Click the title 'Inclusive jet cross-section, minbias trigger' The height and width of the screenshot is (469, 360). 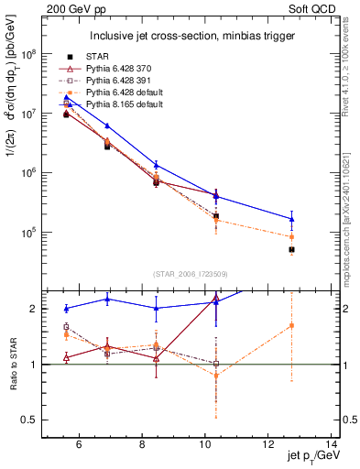click(x=190, y=37)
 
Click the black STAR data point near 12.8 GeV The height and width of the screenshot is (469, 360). click(x=291, y=249)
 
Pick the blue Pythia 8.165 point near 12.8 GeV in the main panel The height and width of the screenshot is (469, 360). click(x=291, y=219)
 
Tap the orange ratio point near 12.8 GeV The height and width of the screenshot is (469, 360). click(x=291, y=325)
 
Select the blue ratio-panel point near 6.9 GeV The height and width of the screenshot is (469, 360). click(x=107, y=300)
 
